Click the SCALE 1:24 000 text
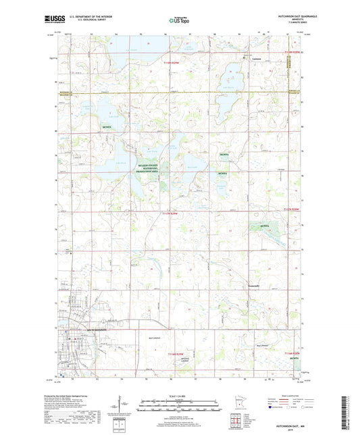pyautogui.click(x=180, y=395)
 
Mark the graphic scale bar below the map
pyautogui.click(x=180, y=405)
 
